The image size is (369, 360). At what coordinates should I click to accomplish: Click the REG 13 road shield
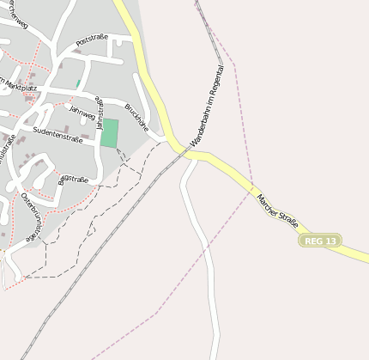point(320,241)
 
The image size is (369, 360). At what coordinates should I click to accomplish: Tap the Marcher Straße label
point(277,211)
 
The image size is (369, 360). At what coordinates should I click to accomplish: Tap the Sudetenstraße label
point(57,134)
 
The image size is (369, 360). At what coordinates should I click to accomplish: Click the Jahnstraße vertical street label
point(100,113)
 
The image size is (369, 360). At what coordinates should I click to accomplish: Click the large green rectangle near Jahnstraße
point(109,133)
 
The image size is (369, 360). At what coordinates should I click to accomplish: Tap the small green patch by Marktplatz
point(78,84)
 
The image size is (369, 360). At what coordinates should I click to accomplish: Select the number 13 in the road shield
point(330,241)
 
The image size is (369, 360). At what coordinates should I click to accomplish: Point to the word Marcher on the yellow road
point(266,203)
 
